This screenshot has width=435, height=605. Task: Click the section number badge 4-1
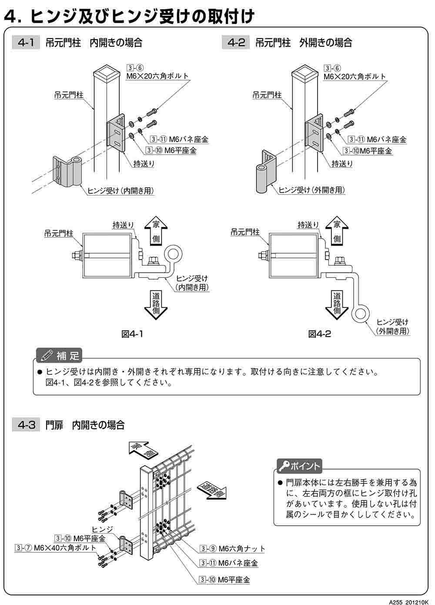click(x=26, y=42)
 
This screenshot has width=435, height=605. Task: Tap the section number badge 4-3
click(x=26, y=425)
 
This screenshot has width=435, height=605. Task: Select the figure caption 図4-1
click(x=132, y=334)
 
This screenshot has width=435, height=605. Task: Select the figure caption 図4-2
click(x=320, y=334)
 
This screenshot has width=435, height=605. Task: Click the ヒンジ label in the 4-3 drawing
click(x=102, y=529)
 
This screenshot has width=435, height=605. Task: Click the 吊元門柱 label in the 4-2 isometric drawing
click(x=267, y=95)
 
